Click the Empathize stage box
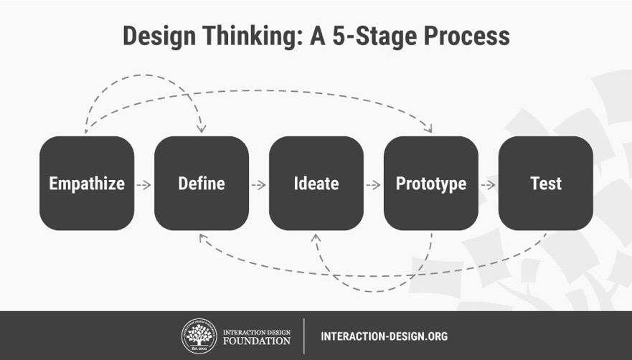click(x=87, y=184)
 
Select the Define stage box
click(x=202, y=184)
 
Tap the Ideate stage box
click(x=316, y=184)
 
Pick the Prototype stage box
click(x=431, y=184)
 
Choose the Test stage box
click(x=546, y=184)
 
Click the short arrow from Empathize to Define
click(x=144, y=185)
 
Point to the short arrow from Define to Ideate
click(x=259, y=185)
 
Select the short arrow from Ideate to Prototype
click(x=373, y=185)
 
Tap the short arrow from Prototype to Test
click(x=488, y=185)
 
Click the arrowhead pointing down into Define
click(x=201, y=129)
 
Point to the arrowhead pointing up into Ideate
click(x=316, y=238)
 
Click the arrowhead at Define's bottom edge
click(x=203, y=238)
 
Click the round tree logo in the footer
click(x=199, y=336)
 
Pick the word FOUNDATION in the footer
click(x=257, y=341)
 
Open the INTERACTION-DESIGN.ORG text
click(x=384, y=336)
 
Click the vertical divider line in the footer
click(x=304, y=336)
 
